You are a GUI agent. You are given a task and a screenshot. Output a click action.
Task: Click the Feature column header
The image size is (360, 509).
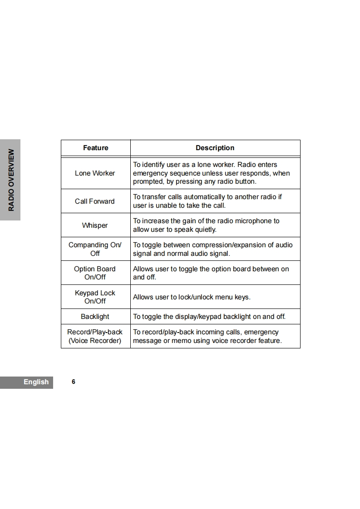(x=95, y=148)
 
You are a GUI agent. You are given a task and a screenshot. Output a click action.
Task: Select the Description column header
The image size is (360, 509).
(x=215, y=148)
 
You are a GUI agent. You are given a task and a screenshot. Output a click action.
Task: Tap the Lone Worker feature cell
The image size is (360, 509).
(x=95, y=173)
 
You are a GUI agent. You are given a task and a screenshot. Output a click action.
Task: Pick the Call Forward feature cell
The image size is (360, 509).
(x=95, y=201)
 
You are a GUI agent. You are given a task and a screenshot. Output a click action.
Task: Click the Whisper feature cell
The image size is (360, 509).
(x=95, y=225)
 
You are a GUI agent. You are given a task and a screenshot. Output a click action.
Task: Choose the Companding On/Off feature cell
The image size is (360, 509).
(x=95, y=249)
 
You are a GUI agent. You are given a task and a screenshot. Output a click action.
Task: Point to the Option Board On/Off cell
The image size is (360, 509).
(x=95, y=273)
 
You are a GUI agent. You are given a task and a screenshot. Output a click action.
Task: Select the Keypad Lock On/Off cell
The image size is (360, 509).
(x=95, y=297)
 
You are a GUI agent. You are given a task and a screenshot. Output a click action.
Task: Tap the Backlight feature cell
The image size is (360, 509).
(x=95, y=317)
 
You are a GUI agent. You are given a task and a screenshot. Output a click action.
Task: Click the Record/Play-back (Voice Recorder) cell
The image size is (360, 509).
(x=95, y=336)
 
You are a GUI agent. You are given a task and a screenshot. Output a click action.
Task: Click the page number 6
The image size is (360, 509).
(x=74, y=382)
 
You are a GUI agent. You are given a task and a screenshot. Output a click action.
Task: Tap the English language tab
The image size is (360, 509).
(x=36, y=382)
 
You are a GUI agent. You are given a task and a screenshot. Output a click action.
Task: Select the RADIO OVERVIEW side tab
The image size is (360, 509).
(x=11, y=180)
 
